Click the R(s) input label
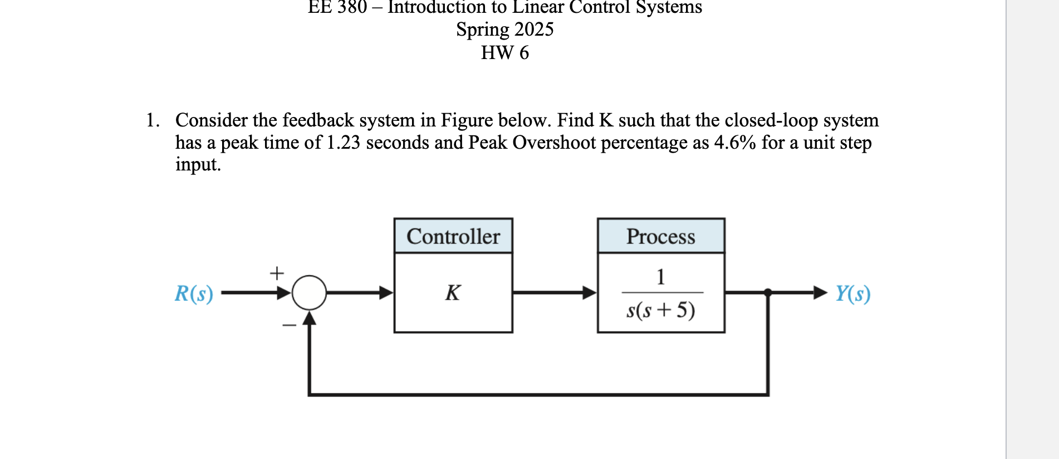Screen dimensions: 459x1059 (x=194, y=293)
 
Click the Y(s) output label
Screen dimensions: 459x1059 (x=852, y=293)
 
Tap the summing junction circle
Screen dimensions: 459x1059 (x=309, y=292)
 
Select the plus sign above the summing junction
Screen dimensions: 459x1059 (x=277, y=273)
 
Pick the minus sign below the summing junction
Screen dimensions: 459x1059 (x=289, y=325)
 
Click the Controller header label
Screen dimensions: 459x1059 (x=453, y=236)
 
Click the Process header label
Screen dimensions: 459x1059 (x=660, y=236)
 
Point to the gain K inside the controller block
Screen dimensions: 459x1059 (x=453, y=292)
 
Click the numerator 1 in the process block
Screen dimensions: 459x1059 (x=661, y=276)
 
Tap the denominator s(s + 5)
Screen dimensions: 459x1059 (x=661, y=310)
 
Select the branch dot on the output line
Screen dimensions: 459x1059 (x=768, y=292)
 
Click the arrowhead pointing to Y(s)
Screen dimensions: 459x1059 (x=820, y=292)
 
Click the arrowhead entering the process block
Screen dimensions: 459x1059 (x=590, y=292)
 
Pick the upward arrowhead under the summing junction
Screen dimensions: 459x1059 (x=309, y=318)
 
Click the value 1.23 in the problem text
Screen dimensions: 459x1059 (x=343, y=143)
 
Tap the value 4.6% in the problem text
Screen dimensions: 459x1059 (x=734, y=143)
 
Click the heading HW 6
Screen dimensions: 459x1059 (x=504, y=53)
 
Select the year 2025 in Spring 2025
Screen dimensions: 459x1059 (x=534, y=29)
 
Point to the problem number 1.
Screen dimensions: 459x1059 (x=152, y=120)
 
